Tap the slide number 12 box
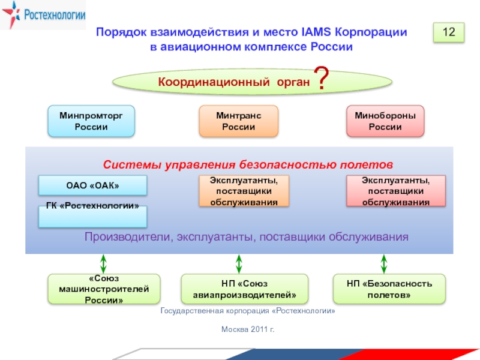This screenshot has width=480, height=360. point(449,32)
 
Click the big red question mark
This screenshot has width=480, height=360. point(322,80)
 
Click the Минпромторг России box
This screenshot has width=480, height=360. point(91,121)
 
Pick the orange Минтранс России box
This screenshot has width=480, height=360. point(238,121)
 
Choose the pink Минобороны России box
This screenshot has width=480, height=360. point(385,121)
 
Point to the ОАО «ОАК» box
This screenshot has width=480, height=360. point(92,185)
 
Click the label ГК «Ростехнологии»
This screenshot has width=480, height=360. point(92,206)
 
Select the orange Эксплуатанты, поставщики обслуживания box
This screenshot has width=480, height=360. point(244,191)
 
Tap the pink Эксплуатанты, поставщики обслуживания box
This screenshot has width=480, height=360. point(396,191)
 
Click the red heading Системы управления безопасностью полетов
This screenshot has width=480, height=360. point(248,163)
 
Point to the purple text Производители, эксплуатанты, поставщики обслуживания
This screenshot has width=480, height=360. point(246,236)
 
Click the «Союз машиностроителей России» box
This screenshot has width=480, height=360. point(104,289)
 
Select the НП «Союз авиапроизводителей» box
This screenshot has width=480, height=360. point(244,289)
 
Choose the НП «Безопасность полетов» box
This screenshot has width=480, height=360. point(389,289)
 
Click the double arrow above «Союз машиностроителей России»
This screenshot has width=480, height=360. point(103,263)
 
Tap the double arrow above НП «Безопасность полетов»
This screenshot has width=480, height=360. point(384,263)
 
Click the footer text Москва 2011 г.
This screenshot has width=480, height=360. point(247,329)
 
